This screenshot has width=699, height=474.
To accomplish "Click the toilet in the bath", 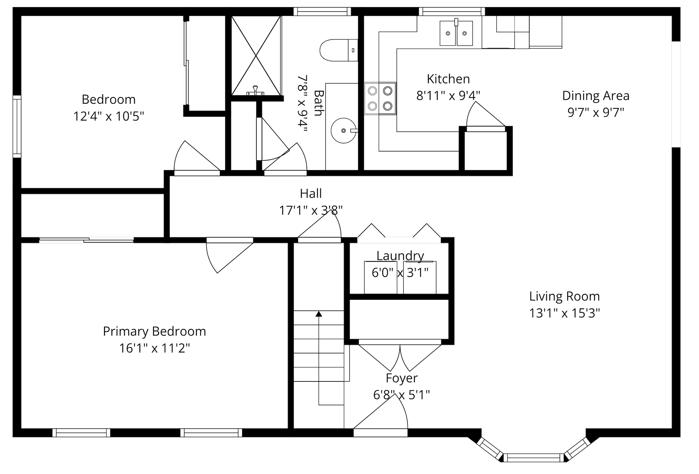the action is (339, 50).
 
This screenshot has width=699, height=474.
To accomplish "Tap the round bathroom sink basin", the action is (344, 130).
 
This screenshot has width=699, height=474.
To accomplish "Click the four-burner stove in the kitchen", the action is (380, 98).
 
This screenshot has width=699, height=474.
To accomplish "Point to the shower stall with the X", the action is (256, 56).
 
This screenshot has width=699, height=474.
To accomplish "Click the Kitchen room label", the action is (448, 79).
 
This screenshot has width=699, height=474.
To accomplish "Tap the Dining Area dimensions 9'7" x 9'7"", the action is (596, 113).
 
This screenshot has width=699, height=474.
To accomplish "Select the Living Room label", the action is (565, 297).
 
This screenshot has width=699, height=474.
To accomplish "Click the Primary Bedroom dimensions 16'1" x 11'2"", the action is (155, 348).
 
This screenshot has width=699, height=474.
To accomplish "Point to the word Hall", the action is (311, 193).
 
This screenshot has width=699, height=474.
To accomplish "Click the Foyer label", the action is (402, 378).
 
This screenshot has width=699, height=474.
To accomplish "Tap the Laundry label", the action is (400, 256).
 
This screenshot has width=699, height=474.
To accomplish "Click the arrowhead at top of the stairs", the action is (319, 314).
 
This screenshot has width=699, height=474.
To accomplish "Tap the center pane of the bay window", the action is (534, 457).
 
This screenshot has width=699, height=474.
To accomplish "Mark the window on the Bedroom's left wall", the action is (17, 126).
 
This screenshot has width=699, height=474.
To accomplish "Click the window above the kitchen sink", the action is (452, 11).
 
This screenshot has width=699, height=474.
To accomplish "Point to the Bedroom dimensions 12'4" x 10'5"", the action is (108, 116).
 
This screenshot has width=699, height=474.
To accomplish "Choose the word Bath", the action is (318, 103).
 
